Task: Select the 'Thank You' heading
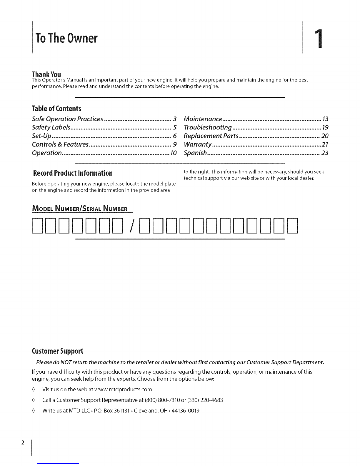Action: coord(46,74)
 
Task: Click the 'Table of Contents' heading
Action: coord(56,109)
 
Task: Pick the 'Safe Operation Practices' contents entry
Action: coord(67,119)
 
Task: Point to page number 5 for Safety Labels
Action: coord(174,128)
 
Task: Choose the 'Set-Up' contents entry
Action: coord(41,136)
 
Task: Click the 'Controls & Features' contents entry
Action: coord(60,145)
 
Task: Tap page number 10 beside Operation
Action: coord(173,153)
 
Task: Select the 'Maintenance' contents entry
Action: coord(203,119)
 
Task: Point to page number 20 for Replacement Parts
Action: coord(325,136)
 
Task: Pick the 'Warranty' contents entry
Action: coord(197,145)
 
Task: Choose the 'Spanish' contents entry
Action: coord(195,153)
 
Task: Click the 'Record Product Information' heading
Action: coord(73,173)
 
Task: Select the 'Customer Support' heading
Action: coord(57,351)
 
